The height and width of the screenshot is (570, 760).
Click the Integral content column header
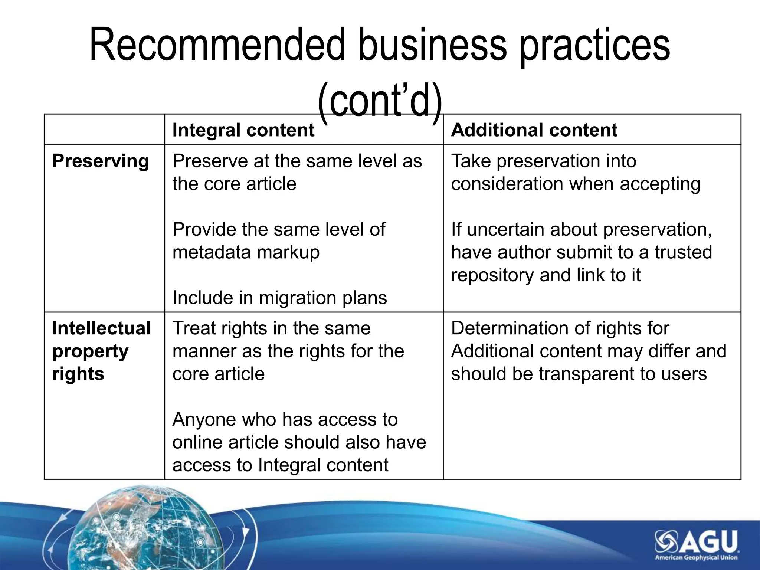coord(243,130)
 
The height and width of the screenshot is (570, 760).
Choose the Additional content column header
coord(534,130)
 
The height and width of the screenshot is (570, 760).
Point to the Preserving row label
coord(101,161)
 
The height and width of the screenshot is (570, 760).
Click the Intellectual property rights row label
coord(101,351)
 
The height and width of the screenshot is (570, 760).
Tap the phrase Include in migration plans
coord(280,298)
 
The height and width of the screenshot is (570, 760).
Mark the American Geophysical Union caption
coord(696,557)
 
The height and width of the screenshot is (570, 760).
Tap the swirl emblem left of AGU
coord(666,541)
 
